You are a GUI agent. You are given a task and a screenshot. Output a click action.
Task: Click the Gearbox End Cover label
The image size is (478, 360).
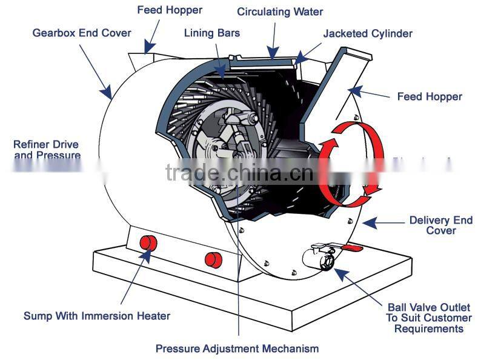pyautogui.click(x=81, y=33)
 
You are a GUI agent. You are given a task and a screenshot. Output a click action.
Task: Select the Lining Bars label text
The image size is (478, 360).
pyautogui.click(x=211, y=33)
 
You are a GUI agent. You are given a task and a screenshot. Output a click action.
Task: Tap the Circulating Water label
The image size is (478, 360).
pyautogui.click(x=279, y=12)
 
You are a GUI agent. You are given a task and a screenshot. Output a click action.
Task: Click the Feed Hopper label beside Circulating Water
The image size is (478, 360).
pyautogui.click(x=169, y=10)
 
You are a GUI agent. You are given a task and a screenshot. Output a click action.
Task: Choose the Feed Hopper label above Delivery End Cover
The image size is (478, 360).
pyautogui.click(x=429, y=96)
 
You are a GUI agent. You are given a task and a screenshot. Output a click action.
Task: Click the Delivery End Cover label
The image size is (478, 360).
pyautogui.click(x=440, y=225)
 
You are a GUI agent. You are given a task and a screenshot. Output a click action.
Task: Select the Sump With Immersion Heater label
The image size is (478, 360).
pyautogui.click(x=96, y=316)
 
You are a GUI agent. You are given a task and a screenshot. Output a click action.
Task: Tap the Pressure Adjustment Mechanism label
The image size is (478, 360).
pyautogui.click(x=237, y=348)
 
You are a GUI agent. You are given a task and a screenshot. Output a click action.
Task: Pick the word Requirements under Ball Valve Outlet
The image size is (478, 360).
pyautogui.click(x=428, y=328)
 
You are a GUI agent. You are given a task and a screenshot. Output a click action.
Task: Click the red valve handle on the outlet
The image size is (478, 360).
pyautogui.click(x=350, y=248)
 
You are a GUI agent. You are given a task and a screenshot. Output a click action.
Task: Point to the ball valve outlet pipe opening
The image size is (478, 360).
pyautogui.click(x=327, y=261)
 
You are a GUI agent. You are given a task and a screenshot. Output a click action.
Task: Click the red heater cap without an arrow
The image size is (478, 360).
pyautogui.click(x=213, y=259)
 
